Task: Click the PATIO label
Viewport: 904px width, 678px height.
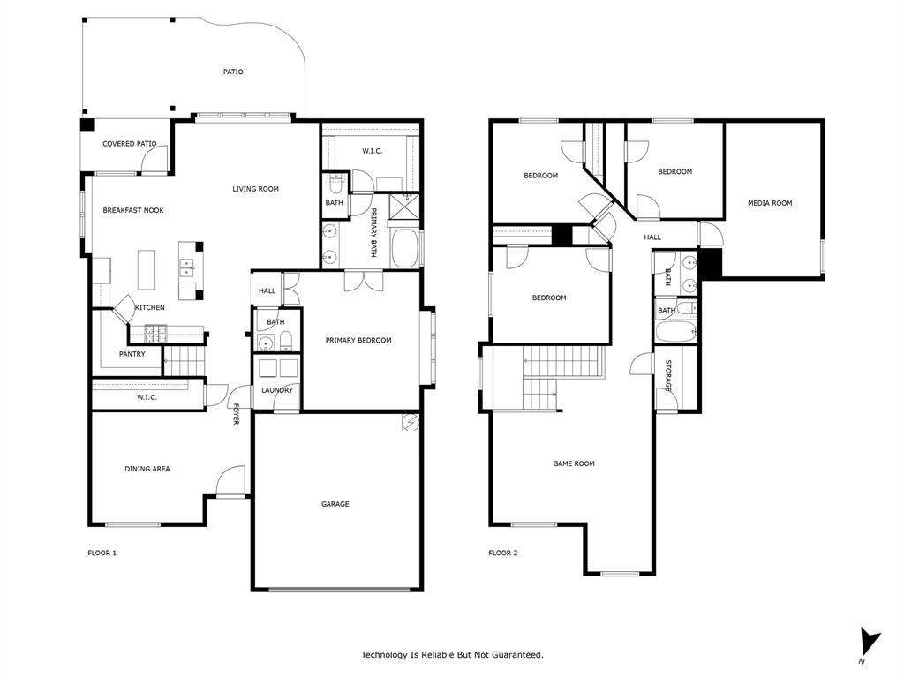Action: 233,72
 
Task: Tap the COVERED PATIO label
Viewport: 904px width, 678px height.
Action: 129,144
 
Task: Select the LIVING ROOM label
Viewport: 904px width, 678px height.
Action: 255,189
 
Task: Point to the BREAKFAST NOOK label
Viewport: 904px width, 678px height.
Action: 133,211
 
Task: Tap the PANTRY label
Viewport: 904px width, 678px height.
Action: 132,355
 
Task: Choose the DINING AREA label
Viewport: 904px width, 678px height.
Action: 147,469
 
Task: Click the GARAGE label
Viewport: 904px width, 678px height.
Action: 335,504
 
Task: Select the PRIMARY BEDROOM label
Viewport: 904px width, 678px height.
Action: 358,341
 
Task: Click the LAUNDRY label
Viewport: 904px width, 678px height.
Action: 276,390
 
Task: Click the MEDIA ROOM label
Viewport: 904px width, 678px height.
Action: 770,203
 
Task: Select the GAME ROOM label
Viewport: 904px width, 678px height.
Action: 574,463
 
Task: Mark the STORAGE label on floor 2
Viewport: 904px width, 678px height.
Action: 668,376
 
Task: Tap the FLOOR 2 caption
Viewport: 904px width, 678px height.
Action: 503,554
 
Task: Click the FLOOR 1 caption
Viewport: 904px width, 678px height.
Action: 102,554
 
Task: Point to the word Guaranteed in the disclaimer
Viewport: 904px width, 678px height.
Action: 513,655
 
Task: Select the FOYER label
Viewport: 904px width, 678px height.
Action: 236,414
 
